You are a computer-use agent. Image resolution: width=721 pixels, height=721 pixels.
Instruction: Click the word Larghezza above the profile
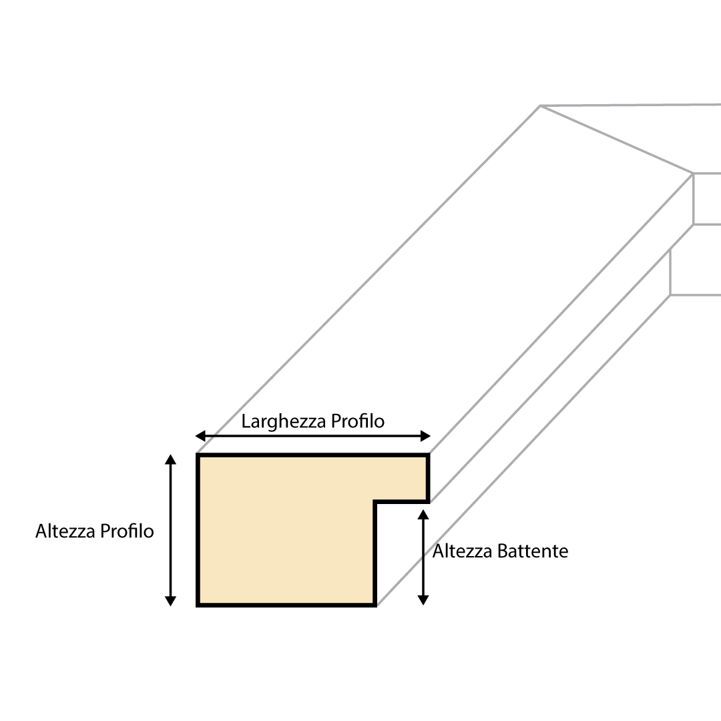[275, 422]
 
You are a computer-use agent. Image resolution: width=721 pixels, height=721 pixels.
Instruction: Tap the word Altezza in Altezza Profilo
[65, 531]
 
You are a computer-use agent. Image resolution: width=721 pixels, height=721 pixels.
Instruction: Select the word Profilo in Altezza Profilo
[127, 531]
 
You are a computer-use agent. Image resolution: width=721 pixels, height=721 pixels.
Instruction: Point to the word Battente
[533, 551]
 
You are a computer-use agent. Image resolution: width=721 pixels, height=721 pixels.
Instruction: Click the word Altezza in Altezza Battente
[463, 551]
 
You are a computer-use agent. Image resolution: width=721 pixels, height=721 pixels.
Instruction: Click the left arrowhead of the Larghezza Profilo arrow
[200, 437]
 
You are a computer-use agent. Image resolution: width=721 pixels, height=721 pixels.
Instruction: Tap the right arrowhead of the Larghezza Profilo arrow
[426, 437]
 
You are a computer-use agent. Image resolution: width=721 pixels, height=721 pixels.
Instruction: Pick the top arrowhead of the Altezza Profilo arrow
[171, 459]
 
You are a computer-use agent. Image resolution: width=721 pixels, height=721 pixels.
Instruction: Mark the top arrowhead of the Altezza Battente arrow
[422, 513]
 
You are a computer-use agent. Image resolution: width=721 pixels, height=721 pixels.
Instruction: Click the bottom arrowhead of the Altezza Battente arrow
[422, 601]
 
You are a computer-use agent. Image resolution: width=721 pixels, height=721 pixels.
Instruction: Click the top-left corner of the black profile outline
[198, 455]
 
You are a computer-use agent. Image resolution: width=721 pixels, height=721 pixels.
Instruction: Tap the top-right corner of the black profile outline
[427, 455]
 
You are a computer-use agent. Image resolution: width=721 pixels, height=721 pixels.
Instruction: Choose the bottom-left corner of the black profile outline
[198, 605]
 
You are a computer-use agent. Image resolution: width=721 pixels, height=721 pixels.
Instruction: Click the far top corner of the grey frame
[540, 105]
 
